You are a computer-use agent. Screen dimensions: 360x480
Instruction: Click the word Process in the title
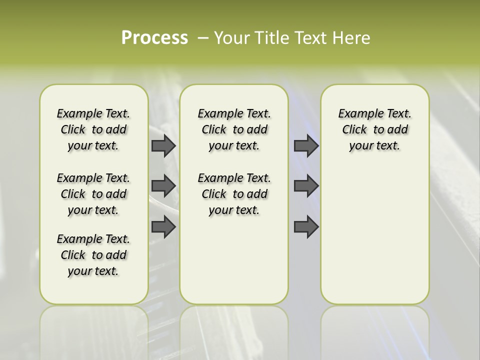pyautogui.click(x=154, y=38)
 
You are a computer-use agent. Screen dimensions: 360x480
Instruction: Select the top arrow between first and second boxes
pyautogui.click(x=163, y=145)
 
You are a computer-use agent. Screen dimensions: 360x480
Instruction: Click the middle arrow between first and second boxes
pyautogui.click(x=163, y=186)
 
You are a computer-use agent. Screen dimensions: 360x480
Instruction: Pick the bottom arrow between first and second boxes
pyautogui.click(x=163, y=226)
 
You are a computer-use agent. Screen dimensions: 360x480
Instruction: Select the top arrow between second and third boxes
pyautogui.click(x=306, y=145)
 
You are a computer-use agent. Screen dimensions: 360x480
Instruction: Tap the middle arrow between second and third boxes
pyautogui.click(x=306, y=186)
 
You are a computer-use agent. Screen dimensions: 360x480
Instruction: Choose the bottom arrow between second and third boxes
pyautogui.click(x=306, y=226)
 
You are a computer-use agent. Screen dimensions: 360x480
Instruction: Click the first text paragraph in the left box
pyautogui.click(x=93, y=129)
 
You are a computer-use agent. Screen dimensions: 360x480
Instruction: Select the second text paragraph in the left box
pyautogui.click(x=93, y=194)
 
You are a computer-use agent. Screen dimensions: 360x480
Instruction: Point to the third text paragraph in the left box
pyautogui.click(x=93, y=255)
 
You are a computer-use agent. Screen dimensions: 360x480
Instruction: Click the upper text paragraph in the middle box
pyautogui.click(x=234, y=129)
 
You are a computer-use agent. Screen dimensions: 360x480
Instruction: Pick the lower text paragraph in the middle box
pyautogui.click(x=234, y=194)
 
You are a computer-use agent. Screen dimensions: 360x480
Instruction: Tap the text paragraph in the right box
pyautogui.click(x=374, y=129)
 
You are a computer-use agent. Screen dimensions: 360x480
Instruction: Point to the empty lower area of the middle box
pyautogui.click(x=234, y=260)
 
